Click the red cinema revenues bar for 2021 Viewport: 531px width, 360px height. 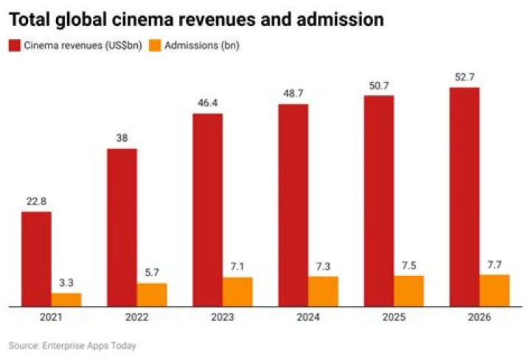36,259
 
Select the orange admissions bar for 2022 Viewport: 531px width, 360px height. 152,294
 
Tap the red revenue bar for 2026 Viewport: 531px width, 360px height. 465,196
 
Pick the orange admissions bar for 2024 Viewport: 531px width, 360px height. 323,291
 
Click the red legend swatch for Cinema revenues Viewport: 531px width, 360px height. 15,46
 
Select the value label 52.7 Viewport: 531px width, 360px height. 465,77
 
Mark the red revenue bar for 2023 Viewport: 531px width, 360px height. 207,210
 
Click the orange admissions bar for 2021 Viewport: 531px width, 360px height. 66,300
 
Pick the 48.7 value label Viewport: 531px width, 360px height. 293,94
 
